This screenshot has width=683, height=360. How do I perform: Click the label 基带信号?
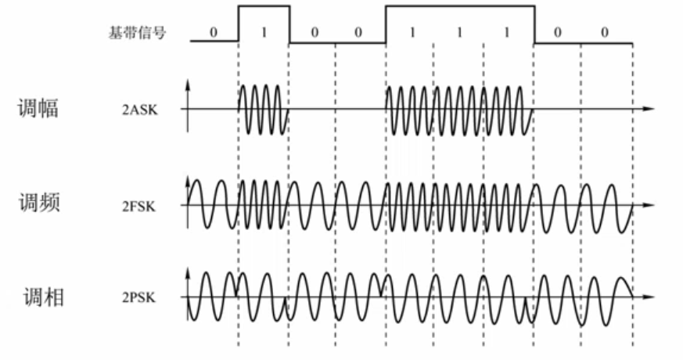coord(137,33)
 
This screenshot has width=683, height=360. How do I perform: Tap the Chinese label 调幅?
coord(38,108)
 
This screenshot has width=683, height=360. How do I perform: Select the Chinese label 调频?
coord(39,203)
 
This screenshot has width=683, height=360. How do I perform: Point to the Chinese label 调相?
coord(44,297)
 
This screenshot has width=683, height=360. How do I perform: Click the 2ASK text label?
coord(139,110)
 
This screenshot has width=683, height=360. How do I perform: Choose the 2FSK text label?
coord(138,206)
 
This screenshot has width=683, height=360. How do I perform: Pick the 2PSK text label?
coord(138,297)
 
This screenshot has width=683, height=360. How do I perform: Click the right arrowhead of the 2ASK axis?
coord(649,109)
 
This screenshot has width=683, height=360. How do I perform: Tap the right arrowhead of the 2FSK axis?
coord(649,205)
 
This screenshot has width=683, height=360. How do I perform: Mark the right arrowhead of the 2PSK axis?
coord(649,297)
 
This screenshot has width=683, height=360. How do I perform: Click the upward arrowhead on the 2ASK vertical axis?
coord(188,85)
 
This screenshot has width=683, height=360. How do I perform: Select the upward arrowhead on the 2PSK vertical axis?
coord(188,273)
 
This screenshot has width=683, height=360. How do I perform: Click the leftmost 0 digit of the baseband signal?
coord(213,33)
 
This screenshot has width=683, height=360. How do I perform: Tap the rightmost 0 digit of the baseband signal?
coord(604,33)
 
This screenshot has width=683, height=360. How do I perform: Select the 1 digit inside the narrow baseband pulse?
coord(264,33)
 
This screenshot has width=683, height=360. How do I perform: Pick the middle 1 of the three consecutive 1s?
coord(459,33)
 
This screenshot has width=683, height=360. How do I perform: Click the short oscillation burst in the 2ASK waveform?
coord(263,109)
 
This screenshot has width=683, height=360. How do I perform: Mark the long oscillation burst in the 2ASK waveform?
coord(459,109)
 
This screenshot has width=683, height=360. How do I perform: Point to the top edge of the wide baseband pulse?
coord(460,6)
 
